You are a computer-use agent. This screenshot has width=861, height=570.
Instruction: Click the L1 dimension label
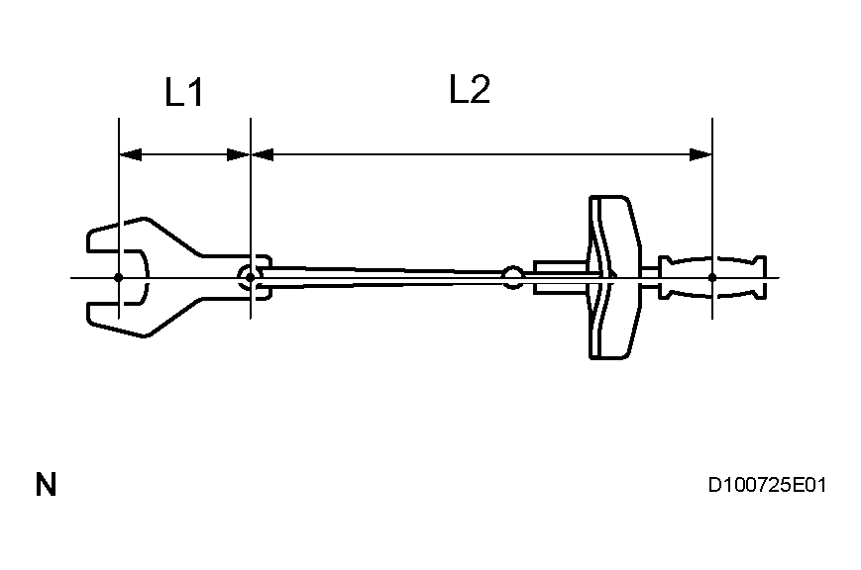(x=183, y=93)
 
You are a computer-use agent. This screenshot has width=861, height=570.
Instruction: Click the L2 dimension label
(x=470, y=90)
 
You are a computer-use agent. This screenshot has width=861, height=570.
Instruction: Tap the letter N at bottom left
(x=46, y=486)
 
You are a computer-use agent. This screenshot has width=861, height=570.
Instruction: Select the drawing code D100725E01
(x=767, y=486)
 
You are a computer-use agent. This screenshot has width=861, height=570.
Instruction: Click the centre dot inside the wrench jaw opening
(x=119, y=277)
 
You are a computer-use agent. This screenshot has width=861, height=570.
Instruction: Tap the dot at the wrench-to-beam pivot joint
(x=250, y=277)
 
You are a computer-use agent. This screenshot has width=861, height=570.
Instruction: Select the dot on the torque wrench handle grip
(x=712, y=277)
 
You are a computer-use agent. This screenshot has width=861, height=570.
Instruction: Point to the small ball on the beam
(x=512, y=276)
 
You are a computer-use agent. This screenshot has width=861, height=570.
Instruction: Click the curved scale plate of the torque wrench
(x=613, y=277)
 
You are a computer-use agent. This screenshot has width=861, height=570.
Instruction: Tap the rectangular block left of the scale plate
(x=560, y=276)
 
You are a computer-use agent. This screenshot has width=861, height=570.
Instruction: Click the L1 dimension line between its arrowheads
(x=184, y=154)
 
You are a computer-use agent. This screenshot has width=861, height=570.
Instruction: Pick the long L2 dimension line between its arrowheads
(x=482, y=154)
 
